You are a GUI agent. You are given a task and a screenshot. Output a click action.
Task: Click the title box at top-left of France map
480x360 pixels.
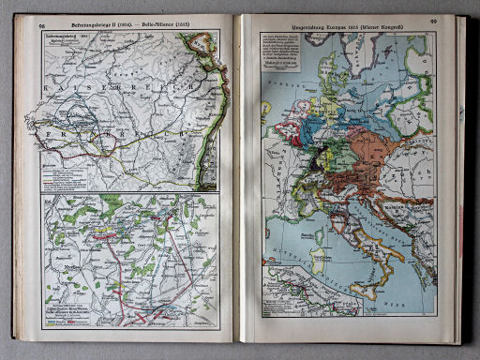(x=66, y=41)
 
